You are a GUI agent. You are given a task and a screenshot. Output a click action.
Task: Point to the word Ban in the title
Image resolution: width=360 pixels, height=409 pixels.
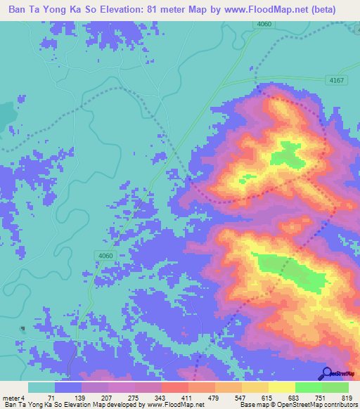[x=20, y=10]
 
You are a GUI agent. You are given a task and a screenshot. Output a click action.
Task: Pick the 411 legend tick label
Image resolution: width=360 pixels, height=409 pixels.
[x=188, y=398]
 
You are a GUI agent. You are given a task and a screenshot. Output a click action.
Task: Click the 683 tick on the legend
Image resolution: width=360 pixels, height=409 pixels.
[x=295, y=398]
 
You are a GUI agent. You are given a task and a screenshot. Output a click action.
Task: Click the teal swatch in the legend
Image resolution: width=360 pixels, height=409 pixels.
[x=41, y=387]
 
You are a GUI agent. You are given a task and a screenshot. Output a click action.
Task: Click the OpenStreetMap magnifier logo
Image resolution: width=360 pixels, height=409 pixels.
[x=326, y=374]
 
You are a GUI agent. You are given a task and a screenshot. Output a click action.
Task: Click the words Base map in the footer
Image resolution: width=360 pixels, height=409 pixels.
[x=249, y=405]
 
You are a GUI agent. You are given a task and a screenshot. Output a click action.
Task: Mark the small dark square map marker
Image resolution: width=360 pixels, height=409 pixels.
[x=22, y=328]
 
